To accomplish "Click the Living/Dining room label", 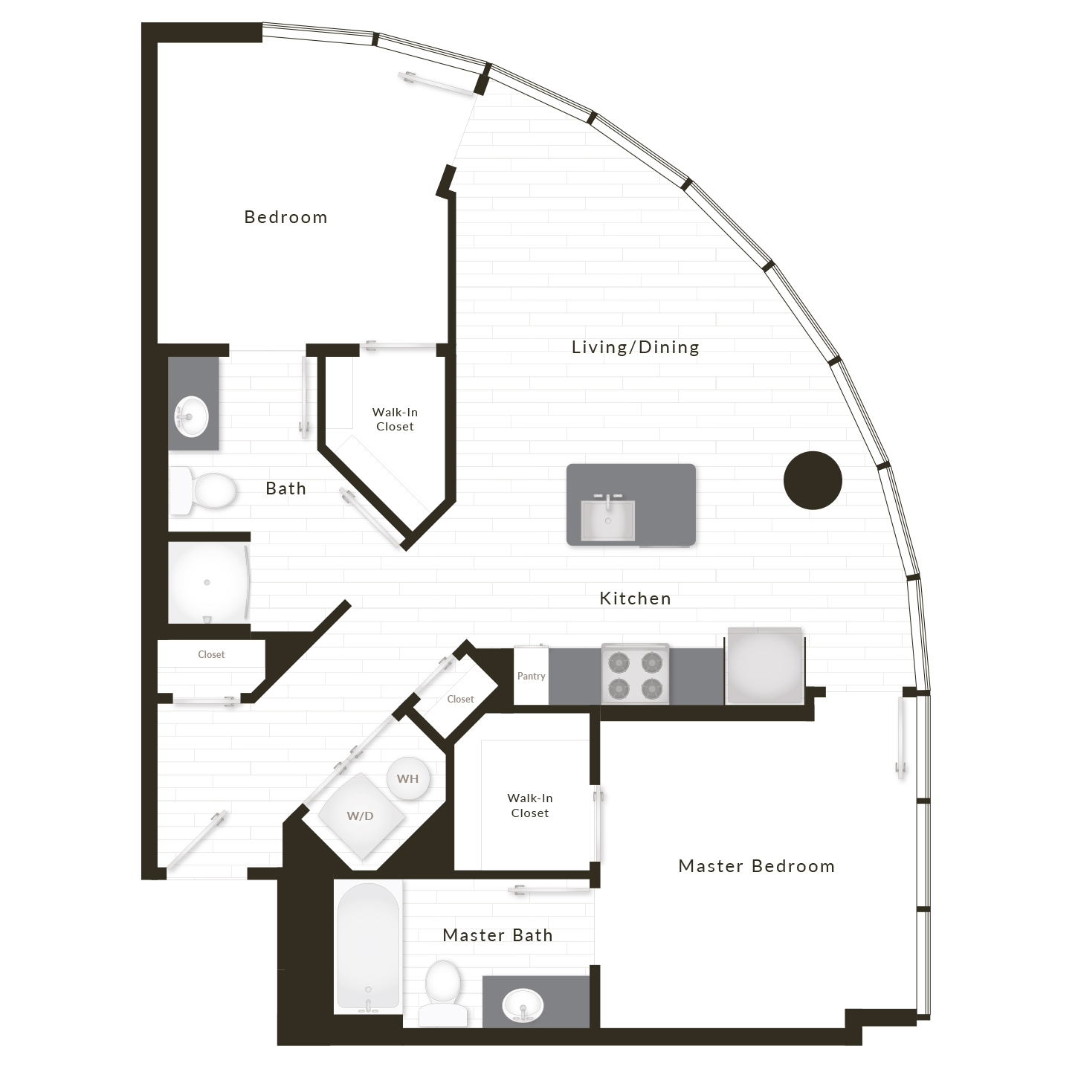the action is click(635, 347).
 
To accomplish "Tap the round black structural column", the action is click(813, 480).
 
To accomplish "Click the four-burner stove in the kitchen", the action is click(635, 674).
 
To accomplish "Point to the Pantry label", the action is click(531, 676).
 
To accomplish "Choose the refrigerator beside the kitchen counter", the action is click(765, 665).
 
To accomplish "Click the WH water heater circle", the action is click(408, 778).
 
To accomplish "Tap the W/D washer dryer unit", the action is click(361, 816).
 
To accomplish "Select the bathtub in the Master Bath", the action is click(368, 946).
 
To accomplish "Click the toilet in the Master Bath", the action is click(443, 993).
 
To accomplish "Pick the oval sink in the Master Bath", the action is click(522, 1005).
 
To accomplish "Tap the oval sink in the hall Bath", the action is click(191, 417).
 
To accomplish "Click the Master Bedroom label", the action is click(756, 867).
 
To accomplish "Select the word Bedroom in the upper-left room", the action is click(286, 217).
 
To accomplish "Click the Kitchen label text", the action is click(635, 598).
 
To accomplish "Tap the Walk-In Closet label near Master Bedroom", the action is click(530, 806).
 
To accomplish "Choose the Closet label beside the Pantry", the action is click(460, 700).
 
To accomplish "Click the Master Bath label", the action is click(497, 935).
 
